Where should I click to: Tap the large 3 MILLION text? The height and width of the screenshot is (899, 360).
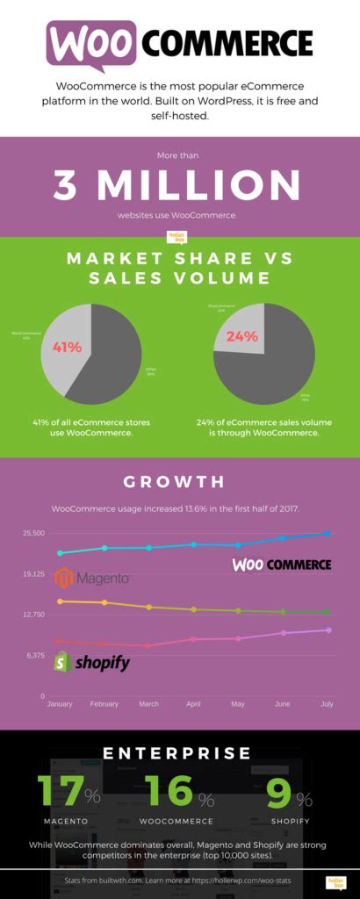click(x=179, y=185)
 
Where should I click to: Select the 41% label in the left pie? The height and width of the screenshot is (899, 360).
click(x=67, y=347)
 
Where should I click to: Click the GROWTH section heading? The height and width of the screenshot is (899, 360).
click(x=179, y=482)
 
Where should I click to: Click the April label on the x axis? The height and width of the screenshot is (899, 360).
click(x=194, y=704)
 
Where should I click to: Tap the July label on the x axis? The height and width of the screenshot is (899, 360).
click(x=328, y=704)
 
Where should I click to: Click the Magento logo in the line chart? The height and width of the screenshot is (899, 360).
click(x=92, y=579)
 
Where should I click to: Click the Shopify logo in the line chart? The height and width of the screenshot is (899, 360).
click(x=91, y=662)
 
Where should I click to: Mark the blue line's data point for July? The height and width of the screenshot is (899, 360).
click(x=328, y=533)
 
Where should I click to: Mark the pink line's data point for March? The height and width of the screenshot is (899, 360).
click(x=149, y=645)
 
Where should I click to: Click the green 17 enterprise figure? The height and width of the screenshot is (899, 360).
click(x=61, y=791)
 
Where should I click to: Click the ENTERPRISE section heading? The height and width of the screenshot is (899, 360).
click(x=180, y=753)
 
